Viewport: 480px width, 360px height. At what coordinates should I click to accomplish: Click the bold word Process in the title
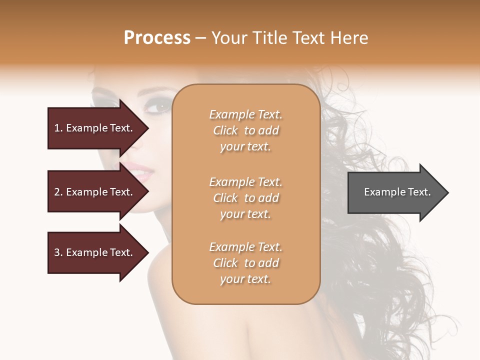(x=157, y=38)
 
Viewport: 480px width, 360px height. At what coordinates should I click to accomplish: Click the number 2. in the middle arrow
(x=58, y=192)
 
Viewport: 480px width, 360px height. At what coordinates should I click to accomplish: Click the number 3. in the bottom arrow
(x=58, y=252)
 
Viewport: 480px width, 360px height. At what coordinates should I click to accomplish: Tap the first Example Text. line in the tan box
(x=245, y=114)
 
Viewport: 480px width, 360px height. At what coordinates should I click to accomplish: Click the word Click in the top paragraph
(x=225, y=130)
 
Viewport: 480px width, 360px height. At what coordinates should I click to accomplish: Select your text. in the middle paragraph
(x=245, y=214)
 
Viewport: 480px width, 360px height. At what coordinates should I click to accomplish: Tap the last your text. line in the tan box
(x=245, y=279)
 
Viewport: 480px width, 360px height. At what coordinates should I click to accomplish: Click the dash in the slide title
(x=200, y=38)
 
